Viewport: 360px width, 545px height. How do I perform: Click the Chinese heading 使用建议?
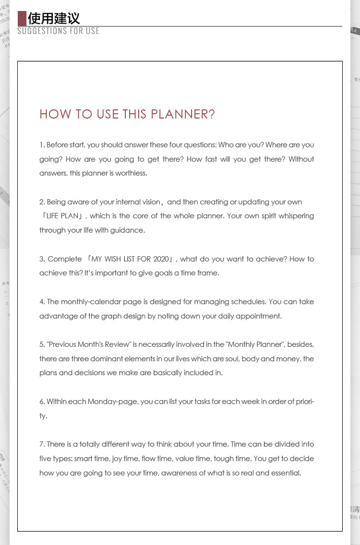[54, 18]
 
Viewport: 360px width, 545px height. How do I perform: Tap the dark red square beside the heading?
[22, 18]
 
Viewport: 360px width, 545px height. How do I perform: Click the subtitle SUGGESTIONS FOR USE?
[58, 31]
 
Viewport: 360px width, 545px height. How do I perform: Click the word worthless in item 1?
[131, 173]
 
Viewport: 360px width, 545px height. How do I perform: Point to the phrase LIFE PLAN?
[62, 216]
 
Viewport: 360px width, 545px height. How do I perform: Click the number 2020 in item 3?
[161, 259]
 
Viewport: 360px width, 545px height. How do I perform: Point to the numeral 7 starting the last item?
[41, 444]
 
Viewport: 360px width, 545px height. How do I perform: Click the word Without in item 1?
[301, 159]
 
